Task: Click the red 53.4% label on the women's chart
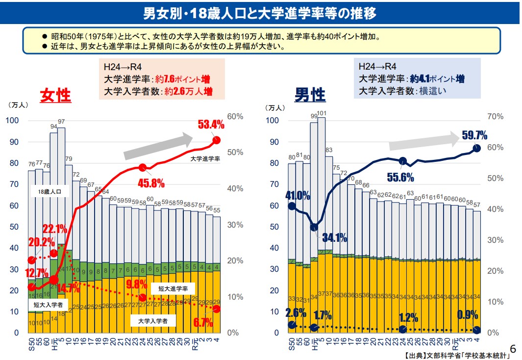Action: click(211, 125)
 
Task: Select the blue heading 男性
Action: click(310, 95)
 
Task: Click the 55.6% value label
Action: click(400, 177)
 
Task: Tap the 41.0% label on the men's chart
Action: click(298, 195)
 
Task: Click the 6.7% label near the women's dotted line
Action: click(203, 322)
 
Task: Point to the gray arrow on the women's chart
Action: click(158, 146)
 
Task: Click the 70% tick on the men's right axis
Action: click(496, 117)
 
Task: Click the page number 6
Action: click(513, 349)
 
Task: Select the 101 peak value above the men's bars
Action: click(322, 113)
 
